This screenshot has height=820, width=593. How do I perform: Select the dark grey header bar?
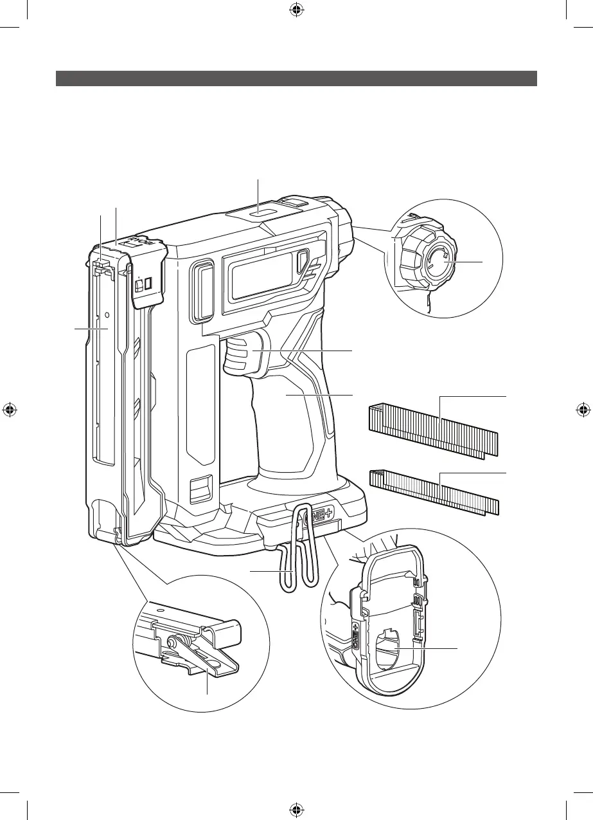[296, 78]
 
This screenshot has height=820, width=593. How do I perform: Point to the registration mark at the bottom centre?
[296, 809]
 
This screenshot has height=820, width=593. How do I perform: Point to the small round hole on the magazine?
[107, 316]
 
